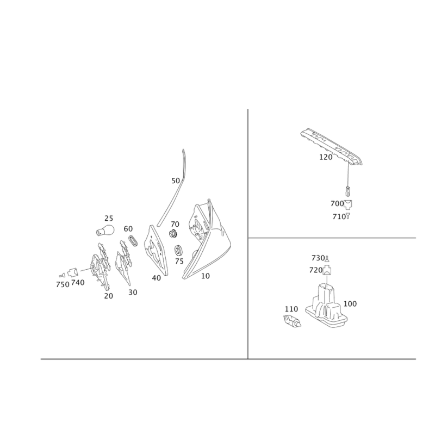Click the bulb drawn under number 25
tap(105, 230)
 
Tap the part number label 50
tap(176, 181)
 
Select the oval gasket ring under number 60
tap(133, 240)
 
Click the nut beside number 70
tap(173, 234)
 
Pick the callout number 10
tap(206, 276)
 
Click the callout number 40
tap(157, 278)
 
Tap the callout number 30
tap(133, 293)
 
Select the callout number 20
tap(108, 296)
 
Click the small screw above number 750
tap(62, 275)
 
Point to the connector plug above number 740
tap(72, 272)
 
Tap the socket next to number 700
tap(348, 204)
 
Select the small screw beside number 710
tap(348, 216)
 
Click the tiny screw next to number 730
tap(327, 259)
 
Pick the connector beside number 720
tap(327, 270)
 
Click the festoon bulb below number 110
tap(293, 321)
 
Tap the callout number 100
tap(350, 304)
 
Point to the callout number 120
tap(326, 157)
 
